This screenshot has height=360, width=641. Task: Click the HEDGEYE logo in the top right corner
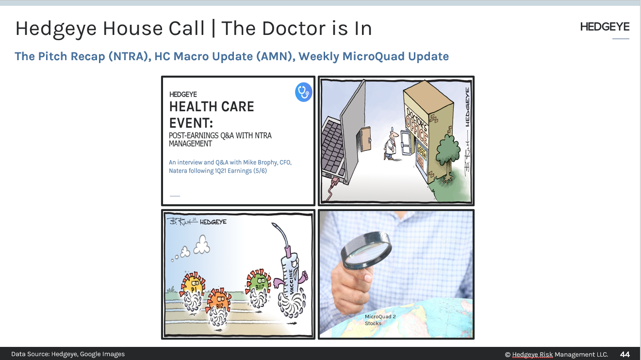pos(605,27)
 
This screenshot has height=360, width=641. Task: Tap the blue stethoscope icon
pos(303,92)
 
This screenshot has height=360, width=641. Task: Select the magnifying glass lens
pos(366,250)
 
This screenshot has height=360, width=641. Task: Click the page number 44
pos(625,354)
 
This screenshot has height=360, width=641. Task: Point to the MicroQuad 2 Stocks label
pos(374,320)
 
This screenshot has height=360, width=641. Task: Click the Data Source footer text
pos(68,354)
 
